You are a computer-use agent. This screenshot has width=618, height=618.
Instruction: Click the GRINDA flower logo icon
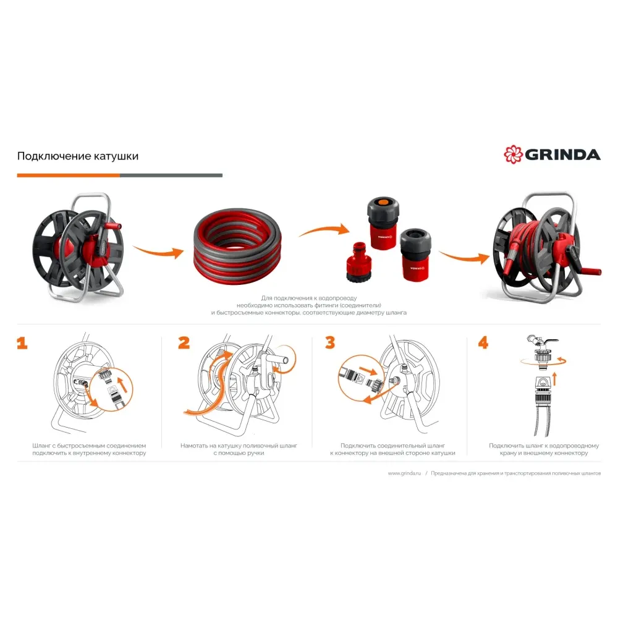[513, 154]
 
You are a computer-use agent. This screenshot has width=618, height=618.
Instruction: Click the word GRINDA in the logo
[563, 155]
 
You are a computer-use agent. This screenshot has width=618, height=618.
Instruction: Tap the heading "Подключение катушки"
[78, 156]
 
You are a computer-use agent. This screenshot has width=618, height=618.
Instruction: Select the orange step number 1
[22, 343]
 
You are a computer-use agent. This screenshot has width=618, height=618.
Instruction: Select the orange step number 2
[184, 342]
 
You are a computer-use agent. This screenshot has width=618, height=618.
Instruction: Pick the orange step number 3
[330, 342]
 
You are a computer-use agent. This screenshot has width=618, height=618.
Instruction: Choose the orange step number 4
[483, 342]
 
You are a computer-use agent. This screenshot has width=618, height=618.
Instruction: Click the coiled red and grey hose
[237, 243]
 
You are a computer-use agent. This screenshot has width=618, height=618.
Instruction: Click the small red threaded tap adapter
[357, 261]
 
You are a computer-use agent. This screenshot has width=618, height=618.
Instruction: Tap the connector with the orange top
[383, 222]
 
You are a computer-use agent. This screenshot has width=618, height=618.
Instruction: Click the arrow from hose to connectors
[324, 231]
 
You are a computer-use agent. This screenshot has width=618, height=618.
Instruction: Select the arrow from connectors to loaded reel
[464, 257]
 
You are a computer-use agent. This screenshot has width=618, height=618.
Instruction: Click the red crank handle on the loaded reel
[589, 271]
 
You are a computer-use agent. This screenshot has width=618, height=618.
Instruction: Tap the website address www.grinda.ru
[404, 473]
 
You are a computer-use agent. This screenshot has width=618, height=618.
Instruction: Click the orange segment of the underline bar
[68, 176]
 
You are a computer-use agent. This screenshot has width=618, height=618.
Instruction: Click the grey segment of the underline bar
[171, 176]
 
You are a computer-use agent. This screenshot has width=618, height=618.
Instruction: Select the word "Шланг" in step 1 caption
[41, 446]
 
